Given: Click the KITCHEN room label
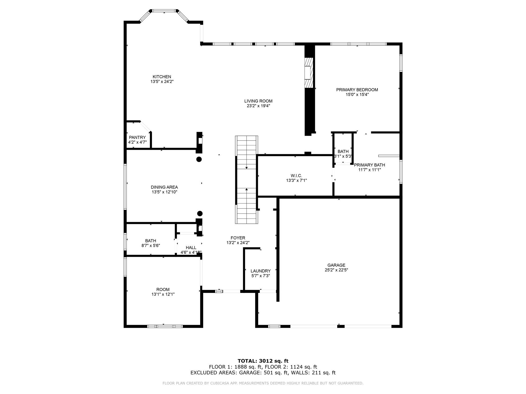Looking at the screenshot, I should tap(162, 77).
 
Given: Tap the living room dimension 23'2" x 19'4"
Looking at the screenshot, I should tap(258, 106).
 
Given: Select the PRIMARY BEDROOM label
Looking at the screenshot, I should tap(357, 90).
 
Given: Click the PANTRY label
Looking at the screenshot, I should tap(137, 137).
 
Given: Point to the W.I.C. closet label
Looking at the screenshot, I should tap(296, 176).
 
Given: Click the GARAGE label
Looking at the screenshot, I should tap(336, 265).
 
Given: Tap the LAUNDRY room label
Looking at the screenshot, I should tap(260, 271).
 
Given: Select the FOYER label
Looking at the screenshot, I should tap(238, 238).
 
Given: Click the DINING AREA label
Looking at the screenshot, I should tap(164, 187).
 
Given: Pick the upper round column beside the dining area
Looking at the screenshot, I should tap(199, 159).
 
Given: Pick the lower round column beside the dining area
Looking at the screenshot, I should tap(200, 213).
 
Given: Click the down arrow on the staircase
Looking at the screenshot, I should tap(247, 168).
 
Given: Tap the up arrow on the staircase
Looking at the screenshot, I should tap(247, 189).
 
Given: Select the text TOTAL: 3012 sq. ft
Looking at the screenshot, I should tap(263, 361).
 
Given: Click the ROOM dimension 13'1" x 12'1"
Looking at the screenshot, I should tap(163, 294).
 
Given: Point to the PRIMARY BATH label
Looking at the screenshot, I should tap(369, 165).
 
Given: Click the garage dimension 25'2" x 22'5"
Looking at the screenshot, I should tap(336, 270).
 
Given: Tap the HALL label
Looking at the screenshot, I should tap(191, 248).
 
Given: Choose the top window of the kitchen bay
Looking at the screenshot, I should tap(164, 11).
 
